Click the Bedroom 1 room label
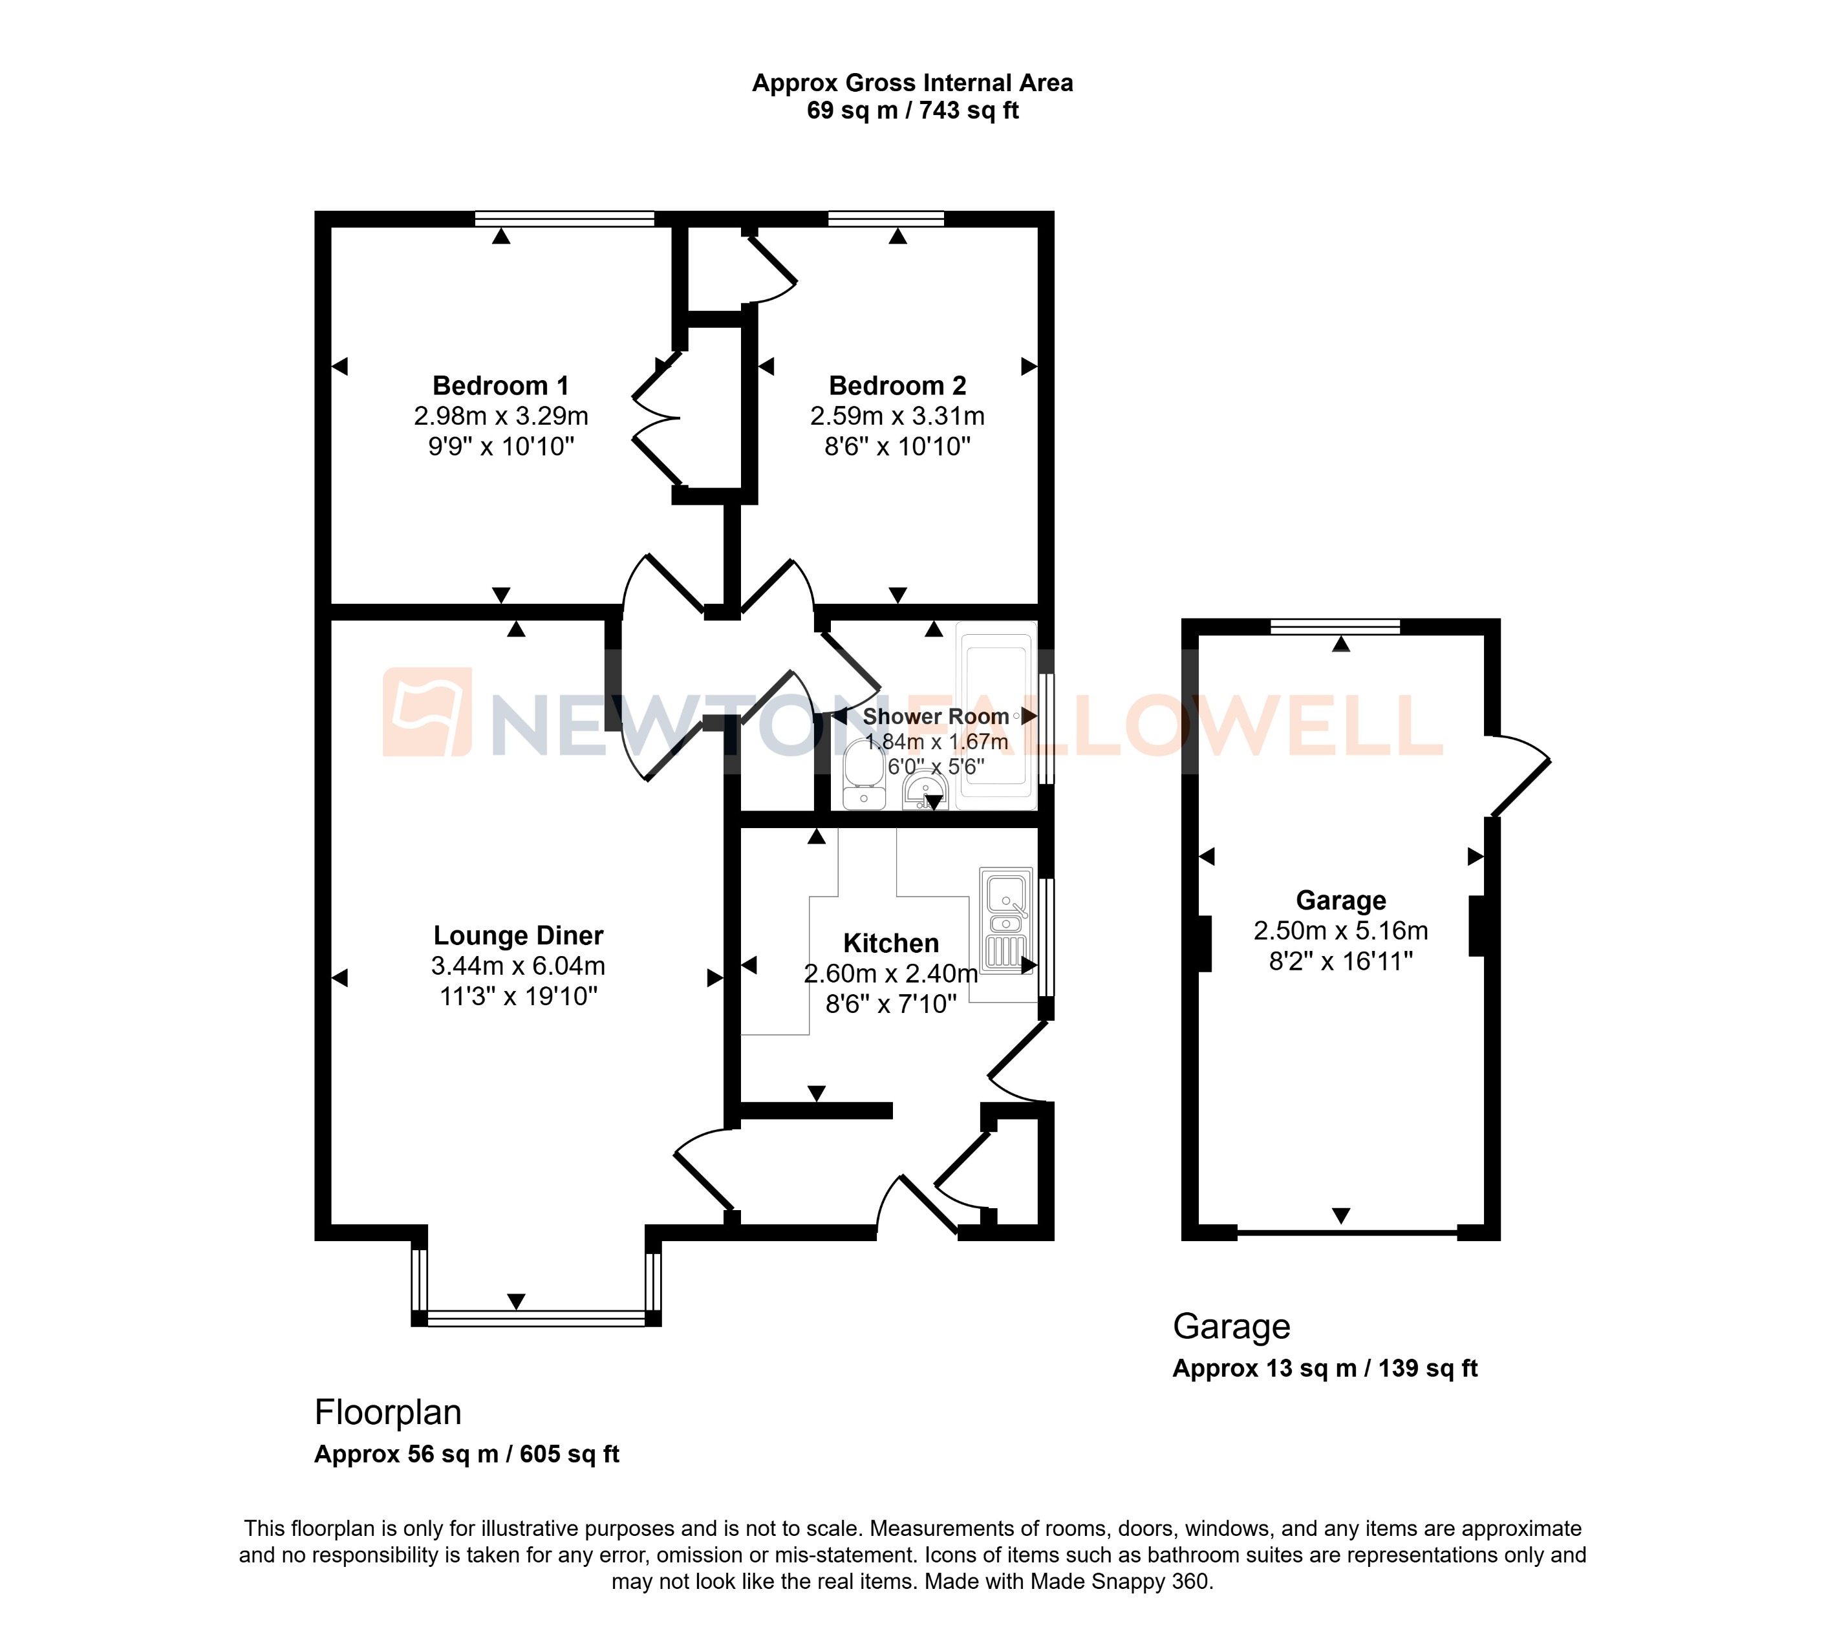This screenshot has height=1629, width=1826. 500,386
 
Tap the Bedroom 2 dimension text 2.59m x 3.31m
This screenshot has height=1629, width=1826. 897,416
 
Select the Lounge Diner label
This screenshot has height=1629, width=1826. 519,935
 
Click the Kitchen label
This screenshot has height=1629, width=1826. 890,943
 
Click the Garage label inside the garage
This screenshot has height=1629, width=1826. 1340,900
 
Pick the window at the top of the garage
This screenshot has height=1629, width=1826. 1335,626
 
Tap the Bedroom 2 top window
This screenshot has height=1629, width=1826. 886,218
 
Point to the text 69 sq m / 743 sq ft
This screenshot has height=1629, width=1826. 912,111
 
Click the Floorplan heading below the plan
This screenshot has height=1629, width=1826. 387,1412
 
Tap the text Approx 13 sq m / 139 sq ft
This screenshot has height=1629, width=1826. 1325,1368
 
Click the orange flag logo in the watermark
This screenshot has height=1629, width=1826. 427,712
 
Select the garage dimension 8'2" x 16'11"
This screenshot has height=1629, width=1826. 1340,961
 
